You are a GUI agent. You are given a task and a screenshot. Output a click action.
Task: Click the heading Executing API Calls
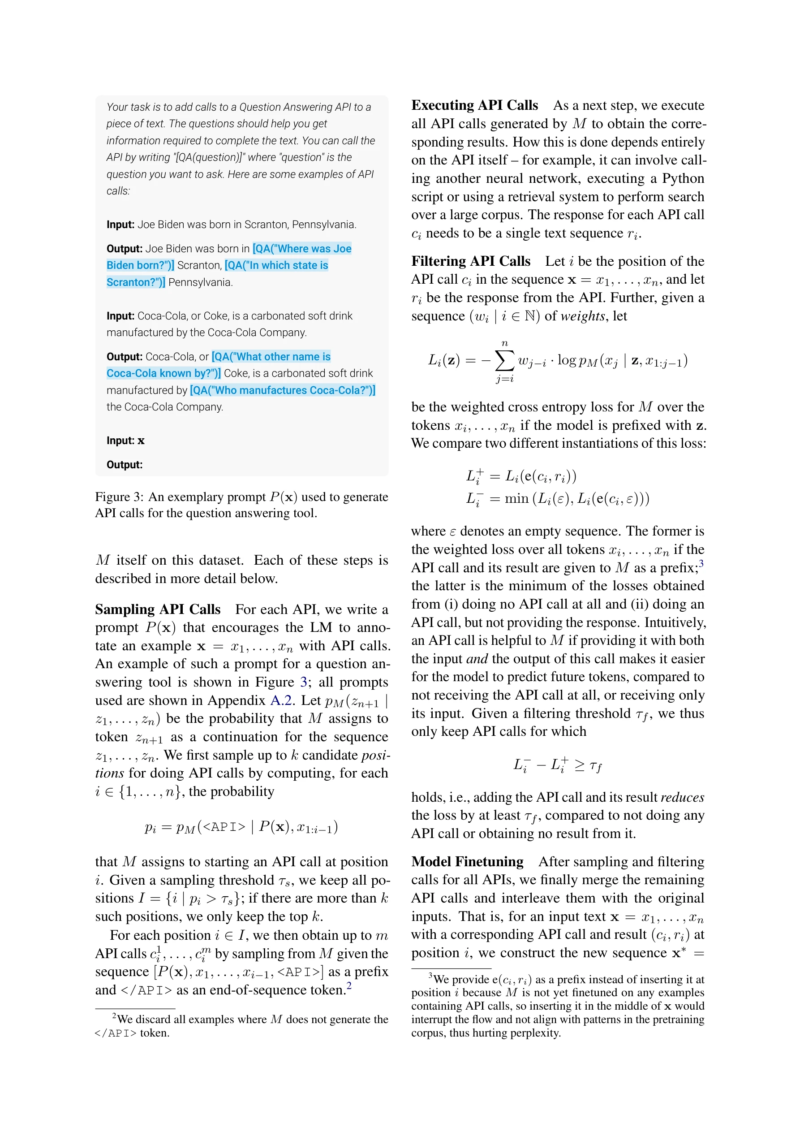(x=474, y=105)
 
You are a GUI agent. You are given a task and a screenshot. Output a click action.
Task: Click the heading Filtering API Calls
(x=470, y=261)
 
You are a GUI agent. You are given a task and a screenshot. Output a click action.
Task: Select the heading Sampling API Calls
(x=158, y=609)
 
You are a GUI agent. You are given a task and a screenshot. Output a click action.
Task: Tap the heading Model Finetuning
(x=467, y=862)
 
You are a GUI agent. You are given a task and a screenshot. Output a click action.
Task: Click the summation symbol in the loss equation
(x=504, y=360)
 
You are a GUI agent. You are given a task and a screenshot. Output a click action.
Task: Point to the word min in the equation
(x=516, y=498)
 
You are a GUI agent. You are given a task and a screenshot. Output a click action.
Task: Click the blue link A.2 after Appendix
(x=281, y=700)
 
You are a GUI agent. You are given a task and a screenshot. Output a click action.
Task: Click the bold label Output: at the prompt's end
(x=124, y=465)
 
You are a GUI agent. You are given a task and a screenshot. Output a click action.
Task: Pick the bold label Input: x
(x=125, y=441)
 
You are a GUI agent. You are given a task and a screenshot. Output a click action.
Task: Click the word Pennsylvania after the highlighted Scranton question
(x=200, y=282)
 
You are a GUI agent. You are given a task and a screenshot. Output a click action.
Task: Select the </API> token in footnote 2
(x=116, y=1033)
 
